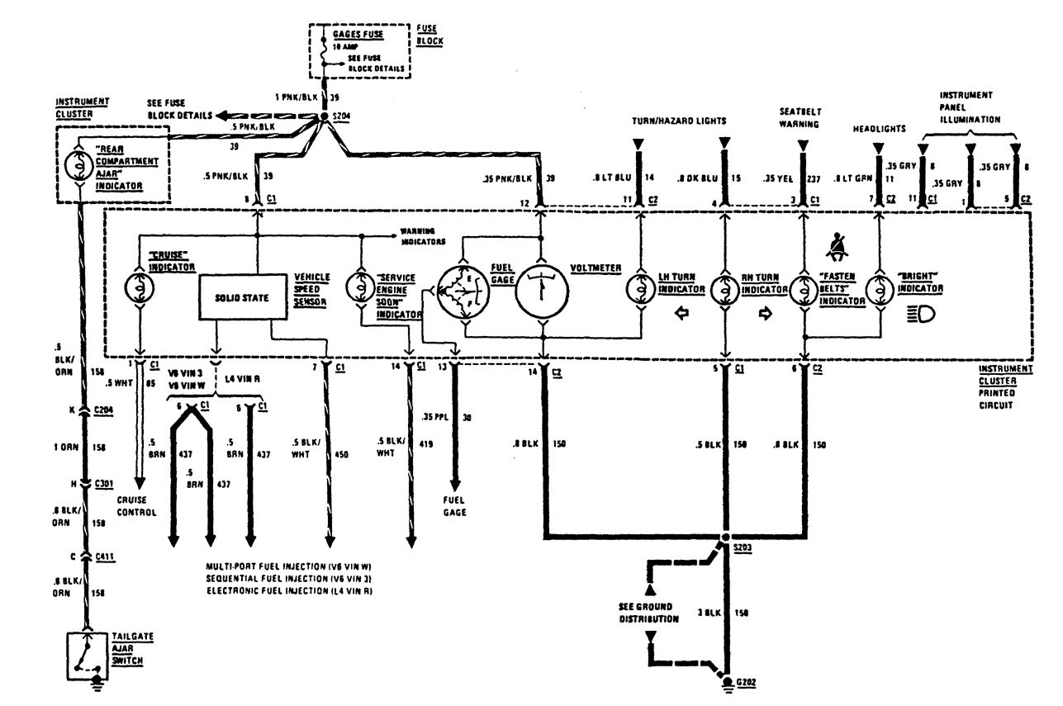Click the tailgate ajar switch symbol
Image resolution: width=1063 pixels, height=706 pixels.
click(87, 651)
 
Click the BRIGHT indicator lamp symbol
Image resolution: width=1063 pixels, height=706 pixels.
click(878, 291)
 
